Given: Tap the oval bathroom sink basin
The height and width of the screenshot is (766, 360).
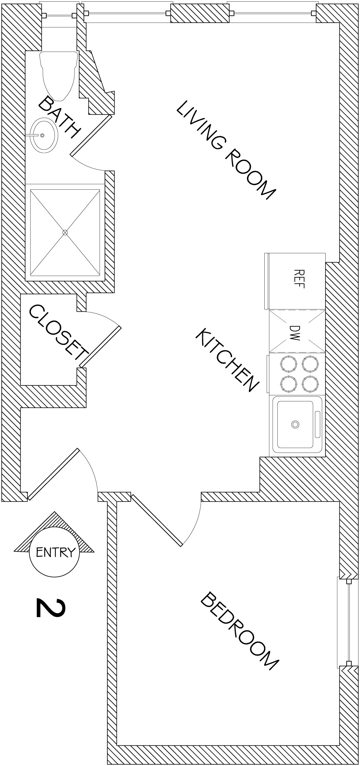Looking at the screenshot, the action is (x=44, y=135).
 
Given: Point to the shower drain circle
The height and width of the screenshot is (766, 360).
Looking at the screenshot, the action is (x=65, y=232).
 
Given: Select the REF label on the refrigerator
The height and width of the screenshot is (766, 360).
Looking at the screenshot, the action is (x=299, y=279).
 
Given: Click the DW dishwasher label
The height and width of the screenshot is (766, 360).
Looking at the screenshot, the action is (x=295, y=333).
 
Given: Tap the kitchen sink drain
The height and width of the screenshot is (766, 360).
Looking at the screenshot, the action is (x=295, y=424).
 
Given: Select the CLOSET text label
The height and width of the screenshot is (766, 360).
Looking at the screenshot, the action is (x=59, y=333).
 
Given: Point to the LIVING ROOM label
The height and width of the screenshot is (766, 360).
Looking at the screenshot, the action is (x=226, y=150).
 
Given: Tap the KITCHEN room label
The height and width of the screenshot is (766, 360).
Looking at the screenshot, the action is (x=226, y=360).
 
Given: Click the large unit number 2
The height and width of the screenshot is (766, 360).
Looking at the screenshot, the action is (x=50, y=608).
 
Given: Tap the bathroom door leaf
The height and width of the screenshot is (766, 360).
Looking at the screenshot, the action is (x=92, y=135).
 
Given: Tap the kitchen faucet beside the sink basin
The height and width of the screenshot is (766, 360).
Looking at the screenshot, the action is (x=317, y=424).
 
